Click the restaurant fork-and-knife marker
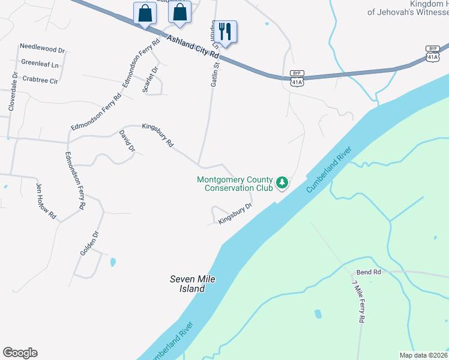point(225,31)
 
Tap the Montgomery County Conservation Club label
point(235,184)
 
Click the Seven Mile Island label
point(192,284)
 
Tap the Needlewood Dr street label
point(42,46)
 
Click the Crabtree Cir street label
point(40,79)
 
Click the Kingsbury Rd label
point(157,135)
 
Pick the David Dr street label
point(127,140)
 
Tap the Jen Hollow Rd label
point(46,201)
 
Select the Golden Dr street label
point(89,243)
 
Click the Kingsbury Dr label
point(235,214)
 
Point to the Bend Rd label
point(369,272)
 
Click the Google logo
point(20,353)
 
